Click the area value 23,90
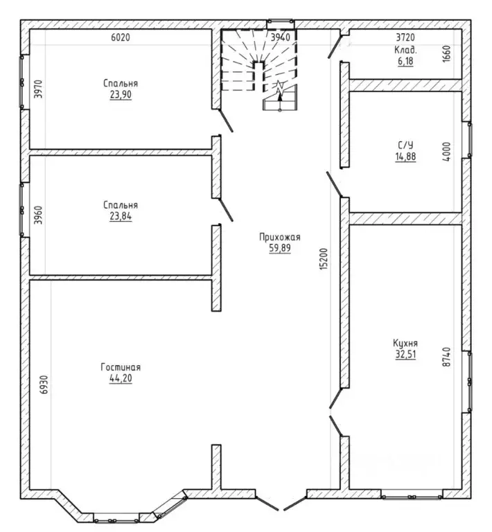(121, 94)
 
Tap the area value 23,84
(121, 216)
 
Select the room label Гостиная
(121, 367)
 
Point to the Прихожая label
(279, 237)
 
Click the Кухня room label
(405, 343)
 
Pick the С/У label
(405, 145)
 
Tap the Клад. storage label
(405, 50)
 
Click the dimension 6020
(121, 37)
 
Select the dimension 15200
(324, 259)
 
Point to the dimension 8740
(446, 357)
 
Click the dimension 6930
(44, 384)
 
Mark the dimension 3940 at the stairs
(280, 37)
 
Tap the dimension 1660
(446, 53)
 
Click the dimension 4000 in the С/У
(446, 152)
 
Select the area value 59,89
(280, 248)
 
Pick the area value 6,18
(405, 61)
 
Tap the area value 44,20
(121, 378)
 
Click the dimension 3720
(405, 37)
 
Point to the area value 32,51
(405, 354)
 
